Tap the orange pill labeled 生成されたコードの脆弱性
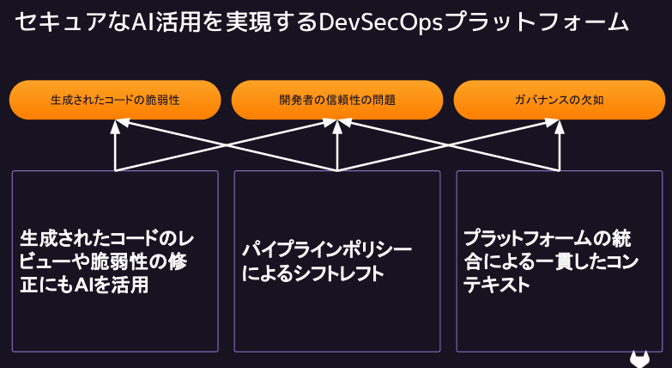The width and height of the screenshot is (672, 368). (x=115, y=100)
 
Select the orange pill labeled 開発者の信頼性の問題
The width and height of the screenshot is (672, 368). (x=337, y=100)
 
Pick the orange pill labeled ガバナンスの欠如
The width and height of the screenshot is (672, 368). (x=559, y=100)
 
